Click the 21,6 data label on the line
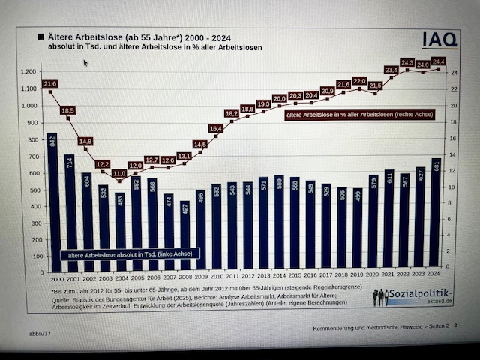(49, 83)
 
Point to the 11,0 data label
(118, 173)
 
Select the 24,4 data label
(438, 61)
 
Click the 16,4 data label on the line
(216, 129)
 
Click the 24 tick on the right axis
(453, 73)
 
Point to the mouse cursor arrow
(85, 63)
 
